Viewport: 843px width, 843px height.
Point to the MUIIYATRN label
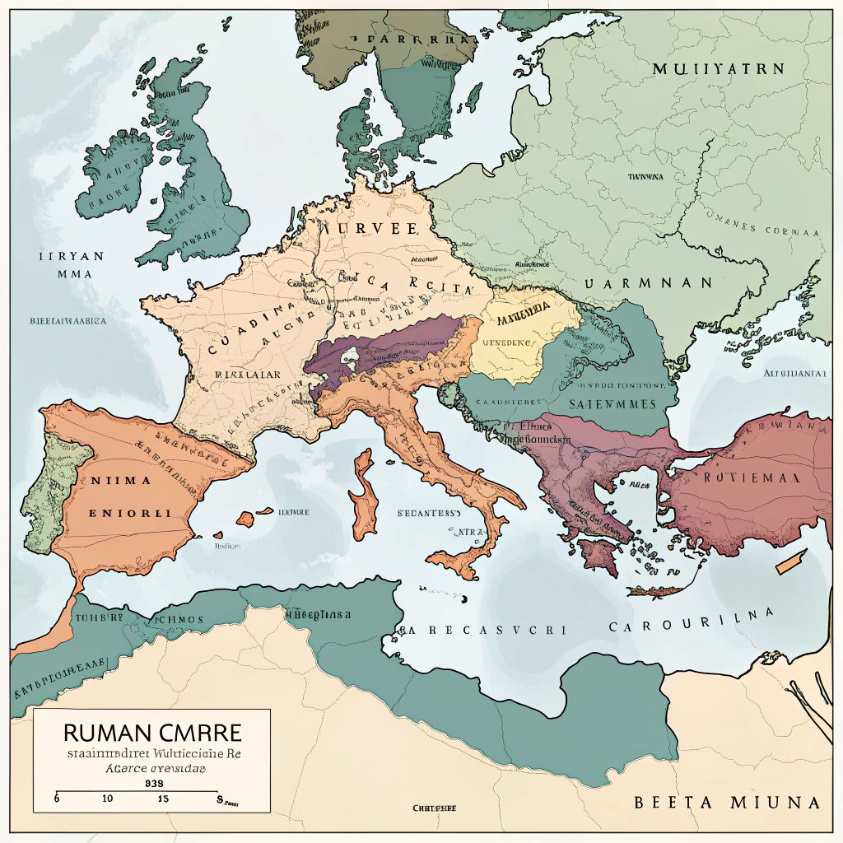[x=718, y=69]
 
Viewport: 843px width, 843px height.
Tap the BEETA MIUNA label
[x=727, y=802]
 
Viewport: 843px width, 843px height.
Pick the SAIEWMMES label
[x=612, y=403]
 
